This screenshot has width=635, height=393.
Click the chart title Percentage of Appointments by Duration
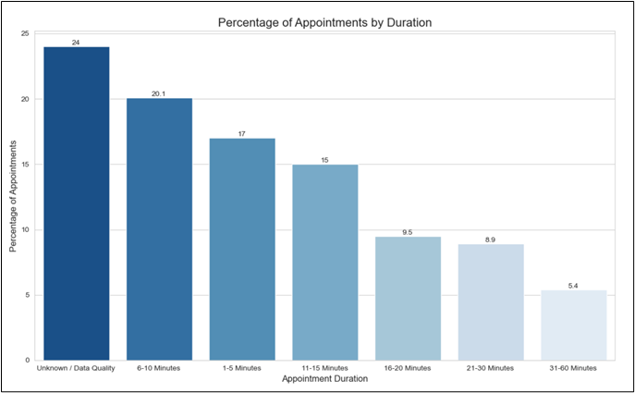(x=324, y=22)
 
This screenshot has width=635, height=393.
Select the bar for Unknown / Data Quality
(x=76, y=203)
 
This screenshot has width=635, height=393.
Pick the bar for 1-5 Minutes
(x=242, y=249)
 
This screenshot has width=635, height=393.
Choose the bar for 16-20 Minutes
(x=408, y=298)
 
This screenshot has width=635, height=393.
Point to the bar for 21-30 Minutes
(x=491, y=301)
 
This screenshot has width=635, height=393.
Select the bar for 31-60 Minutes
(x=573, y=325)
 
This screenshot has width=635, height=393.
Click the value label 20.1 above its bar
(x=159, y=93)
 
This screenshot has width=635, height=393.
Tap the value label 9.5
(x=408, y=232)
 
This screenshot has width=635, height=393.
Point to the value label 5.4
(x=573, y=286)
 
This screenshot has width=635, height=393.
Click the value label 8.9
(x=491, y=239)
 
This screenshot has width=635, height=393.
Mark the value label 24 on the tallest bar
(x=76, y=43)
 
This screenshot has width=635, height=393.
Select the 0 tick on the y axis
(x=27, y=361)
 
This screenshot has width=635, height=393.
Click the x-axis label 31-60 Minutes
(x=573, y=368)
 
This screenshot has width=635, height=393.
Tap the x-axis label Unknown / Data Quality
(x=76, y=368)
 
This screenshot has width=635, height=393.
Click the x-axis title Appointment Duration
(x=324, y=379)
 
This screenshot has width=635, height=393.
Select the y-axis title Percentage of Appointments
(x=13, y=197)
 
